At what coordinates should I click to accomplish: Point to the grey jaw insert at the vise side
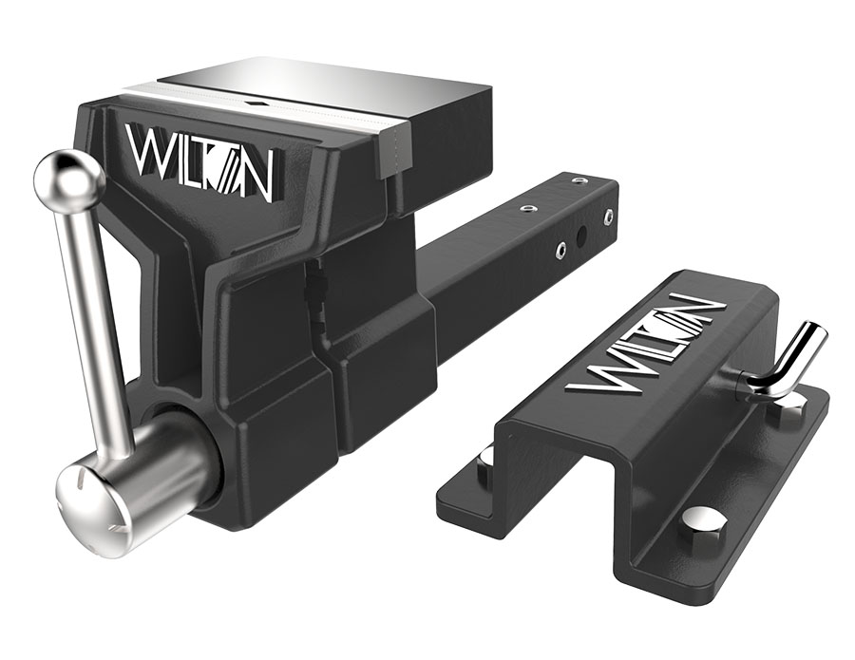(x=395, y=150)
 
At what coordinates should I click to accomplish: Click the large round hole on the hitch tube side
(x=582, y=236)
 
